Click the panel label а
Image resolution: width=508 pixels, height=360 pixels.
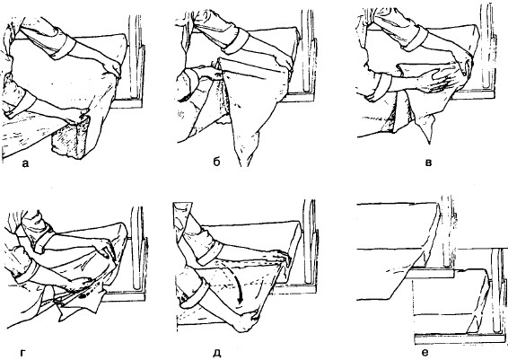coord(25,163)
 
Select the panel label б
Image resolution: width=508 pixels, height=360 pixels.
coord(216,162)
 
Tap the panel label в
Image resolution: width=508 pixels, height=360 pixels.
coord(428,162)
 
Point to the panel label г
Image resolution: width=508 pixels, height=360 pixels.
coord(22,353)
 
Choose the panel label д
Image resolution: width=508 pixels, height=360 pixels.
coord(216,353)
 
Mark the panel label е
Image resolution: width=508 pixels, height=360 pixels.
coord(425,353)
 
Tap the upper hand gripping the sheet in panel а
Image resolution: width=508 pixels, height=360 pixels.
coord(112,68)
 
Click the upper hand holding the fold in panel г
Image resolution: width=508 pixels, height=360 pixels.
coord(104,250)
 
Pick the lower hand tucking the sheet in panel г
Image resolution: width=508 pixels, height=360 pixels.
coord(81,285)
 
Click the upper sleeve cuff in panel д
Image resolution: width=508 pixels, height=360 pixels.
coord(210,254)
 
